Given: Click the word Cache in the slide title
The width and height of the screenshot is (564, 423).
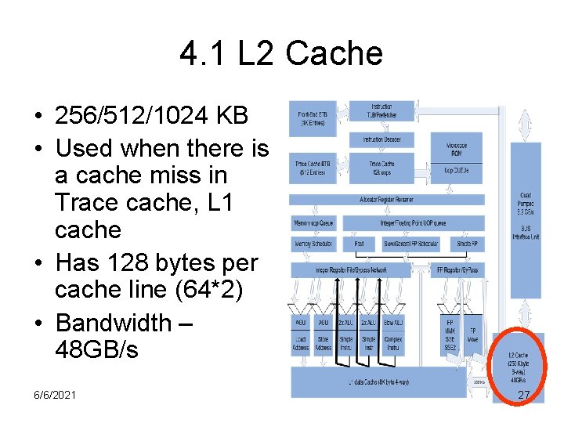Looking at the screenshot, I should [334, 53].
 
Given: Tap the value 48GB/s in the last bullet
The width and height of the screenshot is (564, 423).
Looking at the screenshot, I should [96, 349].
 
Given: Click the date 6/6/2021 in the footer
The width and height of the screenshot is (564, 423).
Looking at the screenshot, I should [50, 395].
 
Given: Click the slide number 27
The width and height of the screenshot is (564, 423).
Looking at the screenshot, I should [524, 395].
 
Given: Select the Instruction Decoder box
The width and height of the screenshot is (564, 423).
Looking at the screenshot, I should [381, 139].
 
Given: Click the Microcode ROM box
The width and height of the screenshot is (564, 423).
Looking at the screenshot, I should [457, 148].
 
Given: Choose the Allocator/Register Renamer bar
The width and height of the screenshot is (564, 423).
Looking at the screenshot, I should [388, 201].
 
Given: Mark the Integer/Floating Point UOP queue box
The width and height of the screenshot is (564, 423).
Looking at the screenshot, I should [414, 223].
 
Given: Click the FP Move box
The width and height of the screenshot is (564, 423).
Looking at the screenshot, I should [472, 334].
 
